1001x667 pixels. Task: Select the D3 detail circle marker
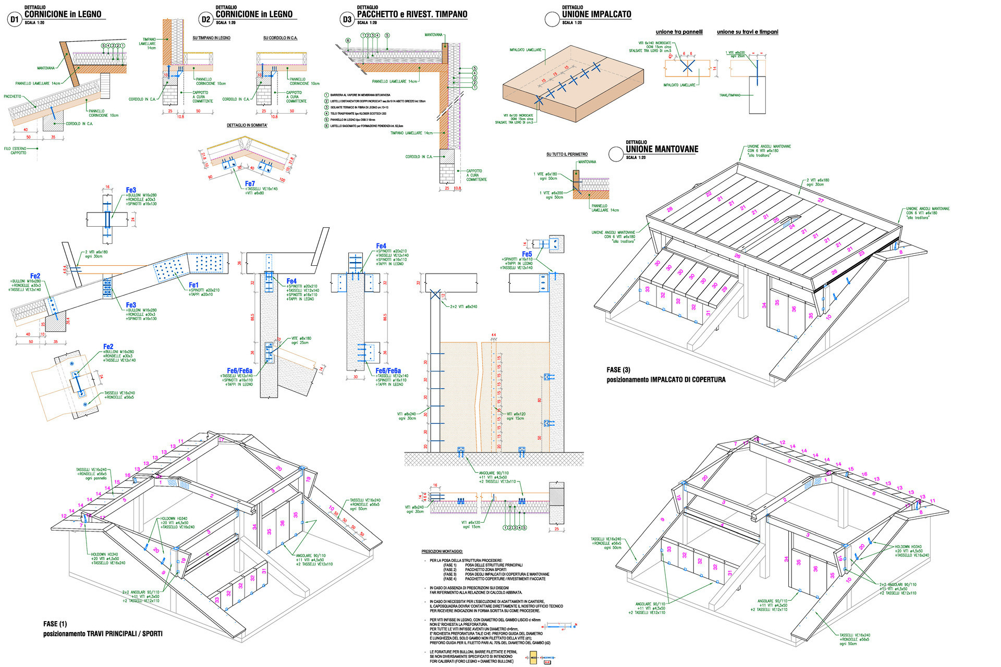pos(347,20)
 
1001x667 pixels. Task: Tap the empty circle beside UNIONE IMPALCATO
pos(552,20)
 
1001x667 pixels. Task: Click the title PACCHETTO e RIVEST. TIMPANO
pos(412,15)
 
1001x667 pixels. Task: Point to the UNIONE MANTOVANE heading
pos(662,149)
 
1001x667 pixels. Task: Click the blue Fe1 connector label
pos(193,285)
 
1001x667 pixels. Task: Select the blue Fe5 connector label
pos(527,254)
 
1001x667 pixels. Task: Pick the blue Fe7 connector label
pos(250,183)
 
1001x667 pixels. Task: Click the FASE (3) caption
pos(618,370)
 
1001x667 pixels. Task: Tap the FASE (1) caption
pos(55,624)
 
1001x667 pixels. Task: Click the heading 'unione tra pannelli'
pos(679,32)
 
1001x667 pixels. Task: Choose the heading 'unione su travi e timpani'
pos(747,32)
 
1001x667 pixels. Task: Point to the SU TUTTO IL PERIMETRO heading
pos(567,154)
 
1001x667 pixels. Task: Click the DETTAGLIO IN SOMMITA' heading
pos(247,126)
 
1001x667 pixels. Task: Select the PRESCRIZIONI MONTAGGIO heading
pos(442,551)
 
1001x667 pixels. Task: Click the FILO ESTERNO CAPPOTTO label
pos(15,151)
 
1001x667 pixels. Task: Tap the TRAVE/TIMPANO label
pos(730,95)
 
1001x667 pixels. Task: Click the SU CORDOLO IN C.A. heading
pos(280,38)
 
